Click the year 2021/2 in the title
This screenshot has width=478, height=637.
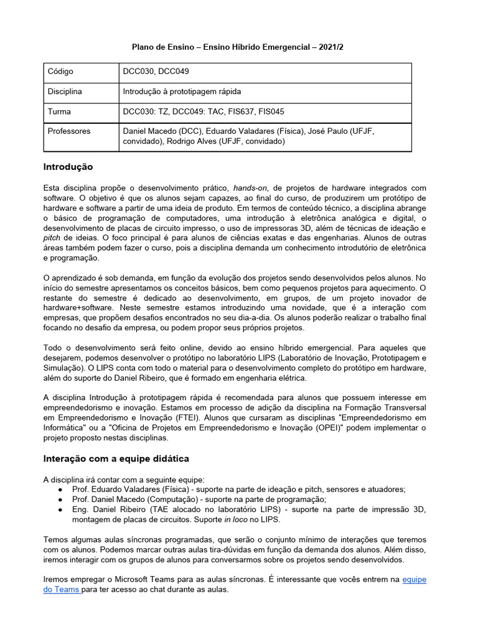click(x=330, y=47)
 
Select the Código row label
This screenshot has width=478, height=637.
click(x=60, y=72)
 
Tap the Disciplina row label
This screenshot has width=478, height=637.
click(x=65, y=92)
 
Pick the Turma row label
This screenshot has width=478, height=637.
click(x=59, y=112)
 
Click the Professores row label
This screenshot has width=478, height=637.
click(x=68, y=132)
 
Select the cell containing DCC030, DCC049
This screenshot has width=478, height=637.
click(x=159, y=72)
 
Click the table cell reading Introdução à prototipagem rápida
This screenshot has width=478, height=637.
click(x=182, y=92)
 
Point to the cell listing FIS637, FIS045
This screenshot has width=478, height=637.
click(x=248, y=112)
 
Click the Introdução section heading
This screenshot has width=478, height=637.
click(x=68, y=167)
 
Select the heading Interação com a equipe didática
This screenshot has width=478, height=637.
click(x=116, y=458)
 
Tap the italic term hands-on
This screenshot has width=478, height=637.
click(x=250, y=188)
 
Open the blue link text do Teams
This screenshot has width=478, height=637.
click(x=61, y=590)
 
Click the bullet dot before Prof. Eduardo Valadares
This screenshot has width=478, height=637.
click(x=59, y=490)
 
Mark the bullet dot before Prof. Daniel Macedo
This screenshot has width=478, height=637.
click(x=59, y=500)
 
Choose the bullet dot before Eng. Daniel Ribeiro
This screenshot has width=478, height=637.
click(x=59, y=509)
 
